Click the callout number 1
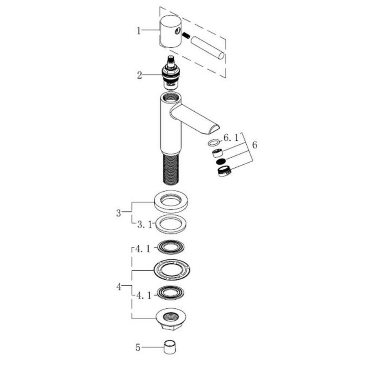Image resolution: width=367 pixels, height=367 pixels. (x=139, y=31)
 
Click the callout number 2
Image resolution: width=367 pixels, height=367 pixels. (x=139, y=75)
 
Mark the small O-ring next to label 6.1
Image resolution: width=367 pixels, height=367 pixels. (x=213, y=143)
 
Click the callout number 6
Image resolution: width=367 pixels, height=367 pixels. (x=255, y=145)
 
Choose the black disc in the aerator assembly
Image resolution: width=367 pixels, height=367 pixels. (x=221, y=162)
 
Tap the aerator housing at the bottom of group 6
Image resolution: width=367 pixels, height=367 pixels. (x=223, y=171)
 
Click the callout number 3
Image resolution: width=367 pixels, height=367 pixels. (x=119, y=212)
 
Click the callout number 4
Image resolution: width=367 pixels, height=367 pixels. (x=119, y=287)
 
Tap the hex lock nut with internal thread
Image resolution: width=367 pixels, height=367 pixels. (x=172, y=318)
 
